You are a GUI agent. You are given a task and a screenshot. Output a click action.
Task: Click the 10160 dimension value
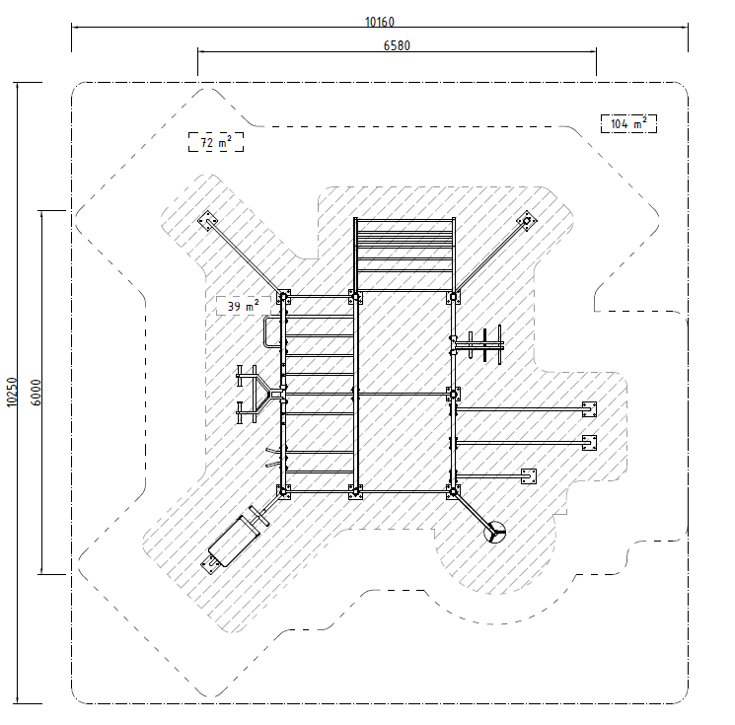[x=380, y=22]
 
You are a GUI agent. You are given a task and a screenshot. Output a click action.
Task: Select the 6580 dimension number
[x=397, y=45]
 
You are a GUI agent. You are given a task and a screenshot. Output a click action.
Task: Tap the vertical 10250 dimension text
[x=11, y=393]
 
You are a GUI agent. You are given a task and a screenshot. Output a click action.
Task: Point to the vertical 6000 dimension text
[x=36, y=393]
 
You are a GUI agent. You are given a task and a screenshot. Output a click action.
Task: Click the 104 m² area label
[x=628, y=123]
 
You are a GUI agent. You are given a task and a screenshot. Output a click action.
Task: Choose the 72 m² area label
[x=216, y=142]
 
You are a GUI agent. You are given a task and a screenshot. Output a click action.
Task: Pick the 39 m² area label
[x=244, y=306]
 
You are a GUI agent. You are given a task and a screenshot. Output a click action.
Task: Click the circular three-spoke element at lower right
[x=495, y=533]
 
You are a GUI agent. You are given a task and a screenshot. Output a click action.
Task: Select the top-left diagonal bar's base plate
[x=207, y=221]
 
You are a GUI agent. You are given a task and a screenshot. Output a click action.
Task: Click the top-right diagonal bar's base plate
[x=527, y=221]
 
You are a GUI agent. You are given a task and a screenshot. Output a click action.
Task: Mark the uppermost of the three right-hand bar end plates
[x=589, y=409]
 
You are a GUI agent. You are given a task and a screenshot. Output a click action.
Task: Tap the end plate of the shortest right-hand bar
[x=529, y=476]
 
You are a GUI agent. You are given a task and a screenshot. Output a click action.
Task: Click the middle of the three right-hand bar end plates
[x=589, y=443]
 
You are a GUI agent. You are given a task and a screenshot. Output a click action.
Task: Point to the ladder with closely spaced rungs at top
[x=404, y=254]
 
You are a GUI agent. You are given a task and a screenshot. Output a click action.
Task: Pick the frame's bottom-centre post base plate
[x=355, y=492]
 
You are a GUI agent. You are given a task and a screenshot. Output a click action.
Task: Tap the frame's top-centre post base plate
[x=355, y=297]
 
